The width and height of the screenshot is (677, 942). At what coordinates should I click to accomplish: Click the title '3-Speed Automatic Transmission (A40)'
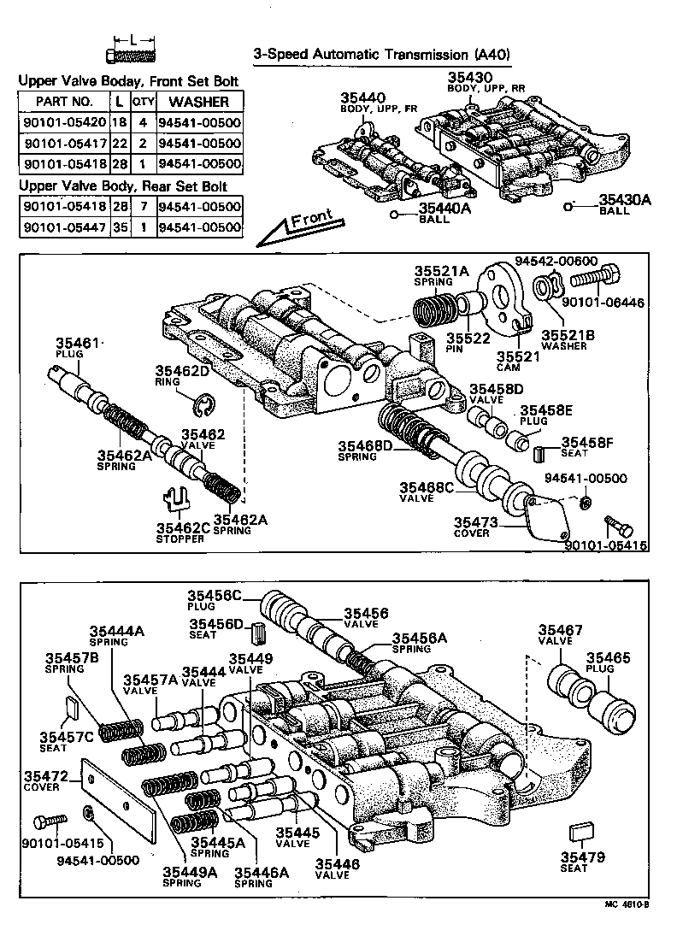(x=382, y=55)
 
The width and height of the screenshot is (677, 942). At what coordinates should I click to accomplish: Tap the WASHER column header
(x=200, y=102)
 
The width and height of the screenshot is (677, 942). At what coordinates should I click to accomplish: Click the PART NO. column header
(x=63, y=102)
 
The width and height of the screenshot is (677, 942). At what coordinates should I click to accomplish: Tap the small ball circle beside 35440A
(x=394, y=215)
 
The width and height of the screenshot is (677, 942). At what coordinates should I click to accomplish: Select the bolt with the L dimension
(x=130, y=56)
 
